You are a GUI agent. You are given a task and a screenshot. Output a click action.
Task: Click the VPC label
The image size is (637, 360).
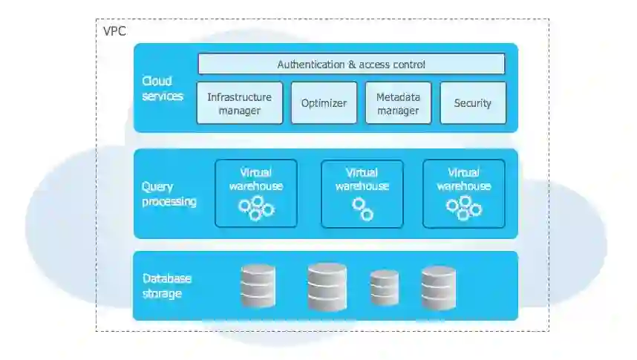(x=114, y=32)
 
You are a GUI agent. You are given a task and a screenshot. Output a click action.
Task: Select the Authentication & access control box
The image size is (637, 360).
(x=351, y=64)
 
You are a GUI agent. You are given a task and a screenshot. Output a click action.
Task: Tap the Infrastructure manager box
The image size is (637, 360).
(x=239, y=103)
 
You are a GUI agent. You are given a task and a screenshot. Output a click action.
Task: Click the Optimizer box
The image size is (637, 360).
(x=324, y=103)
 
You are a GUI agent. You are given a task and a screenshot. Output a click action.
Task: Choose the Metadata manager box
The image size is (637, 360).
(x=398, y=103)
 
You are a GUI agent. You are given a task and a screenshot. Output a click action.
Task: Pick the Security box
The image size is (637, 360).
(x=473, y=103)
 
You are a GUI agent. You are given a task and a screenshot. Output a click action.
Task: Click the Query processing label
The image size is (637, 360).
(x=169, y=194)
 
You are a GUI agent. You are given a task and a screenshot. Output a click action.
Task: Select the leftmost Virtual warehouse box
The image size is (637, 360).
(x=255, y=193)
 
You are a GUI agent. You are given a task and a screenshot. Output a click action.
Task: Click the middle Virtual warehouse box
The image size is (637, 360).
(x=362, y=193)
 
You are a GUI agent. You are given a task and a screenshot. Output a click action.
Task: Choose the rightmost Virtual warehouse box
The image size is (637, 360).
(x=463, y=193)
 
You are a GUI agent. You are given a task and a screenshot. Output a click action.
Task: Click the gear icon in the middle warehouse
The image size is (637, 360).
(x=362, y=209)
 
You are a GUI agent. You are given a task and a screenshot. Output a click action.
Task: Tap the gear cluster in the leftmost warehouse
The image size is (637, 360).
(x=256, y=208)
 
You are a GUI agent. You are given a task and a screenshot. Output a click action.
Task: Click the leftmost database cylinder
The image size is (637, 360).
(x=258, y=286)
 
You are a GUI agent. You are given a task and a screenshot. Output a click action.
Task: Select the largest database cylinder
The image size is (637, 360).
(x=327, y=286)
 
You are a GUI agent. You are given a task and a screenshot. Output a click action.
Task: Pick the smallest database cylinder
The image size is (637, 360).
(x=385, y=288)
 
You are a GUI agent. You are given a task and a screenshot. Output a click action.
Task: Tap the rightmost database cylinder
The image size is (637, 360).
(x=438, y=287)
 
